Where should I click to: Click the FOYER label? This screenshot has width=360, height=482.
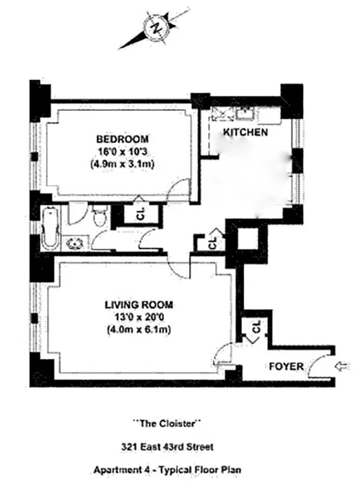coord(285,366)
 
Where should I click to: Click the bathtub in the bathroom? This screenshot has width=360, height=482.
coord(50,228)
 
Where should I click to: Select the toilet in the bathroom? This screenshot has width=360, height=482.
coord(100,214)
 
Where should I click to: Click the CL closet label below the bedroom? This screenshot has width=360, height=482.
coord(140,215)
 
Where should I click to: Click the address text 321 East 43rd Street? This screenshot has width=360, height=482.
coord(167,447)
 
